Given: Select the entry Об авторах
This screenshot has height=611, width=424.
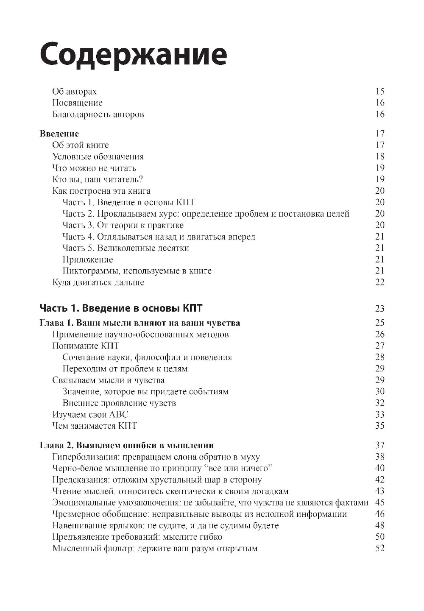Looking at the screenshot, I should click(x=74, y=92).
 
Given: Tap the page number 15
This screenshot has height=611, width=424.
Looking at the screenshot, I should click(x=379, y=91).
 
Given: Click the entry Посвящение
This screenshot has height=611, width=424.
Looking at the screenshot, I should click(x=77, y=103).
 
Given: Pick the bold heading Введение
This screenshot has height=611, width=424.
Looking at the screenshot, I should click(x=59, y=134).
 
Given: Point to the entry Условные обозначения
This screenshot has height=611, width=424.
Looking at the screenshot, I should click(x=98, y=157).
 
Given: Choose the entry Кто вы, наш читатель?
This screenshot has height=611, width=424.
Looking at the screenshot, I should click(x=97, y=180).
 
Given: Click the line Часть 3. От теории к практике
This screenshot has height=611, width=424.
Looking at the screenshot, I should click(x=123, y=225).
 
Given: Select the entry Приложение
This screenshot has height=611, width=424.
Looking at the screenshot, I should click(x=87, y=259).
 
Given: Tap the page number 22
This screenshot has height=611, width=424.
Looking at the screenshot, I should click(x=379, y=282).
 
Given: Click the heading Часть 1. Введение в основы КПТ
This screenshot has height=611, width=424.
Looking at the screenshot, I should click(x=121, y=308).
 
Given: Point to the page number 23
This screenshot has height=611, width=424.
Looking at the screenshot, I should click(x=379, y=309).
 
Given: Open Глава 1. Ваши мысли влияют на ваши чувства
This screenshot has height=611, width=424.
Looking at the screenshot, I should click(x=140, y=323).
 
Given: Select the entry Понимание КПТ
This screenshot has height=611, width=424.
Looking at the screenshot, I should click(x=86, y=346).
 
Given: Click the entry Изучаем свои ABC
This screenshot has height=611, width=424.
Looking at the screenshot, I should click(x=90, y=415).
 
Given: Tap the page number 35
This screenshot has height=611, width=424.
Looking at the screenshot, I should click(x=379, y=426).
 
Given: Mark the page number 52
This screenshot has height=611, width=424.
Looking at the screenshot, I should click(x=379, y=548).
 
